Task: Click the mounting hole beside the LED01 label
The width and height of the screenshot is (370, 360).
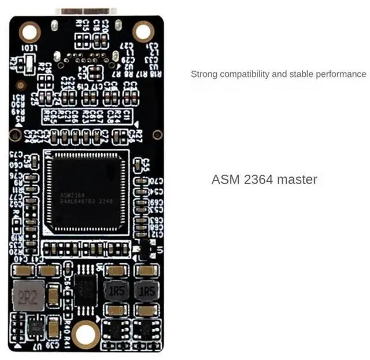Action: tap(29, 32)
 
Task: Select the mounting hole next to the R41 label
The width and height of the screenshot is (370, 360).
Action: tap(86, 334)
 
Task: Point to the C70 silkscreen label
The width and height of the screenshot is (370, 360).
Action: tap(156, 181)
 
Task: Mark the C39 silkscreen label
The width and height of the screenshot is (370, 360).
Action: tap(53, 346)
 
